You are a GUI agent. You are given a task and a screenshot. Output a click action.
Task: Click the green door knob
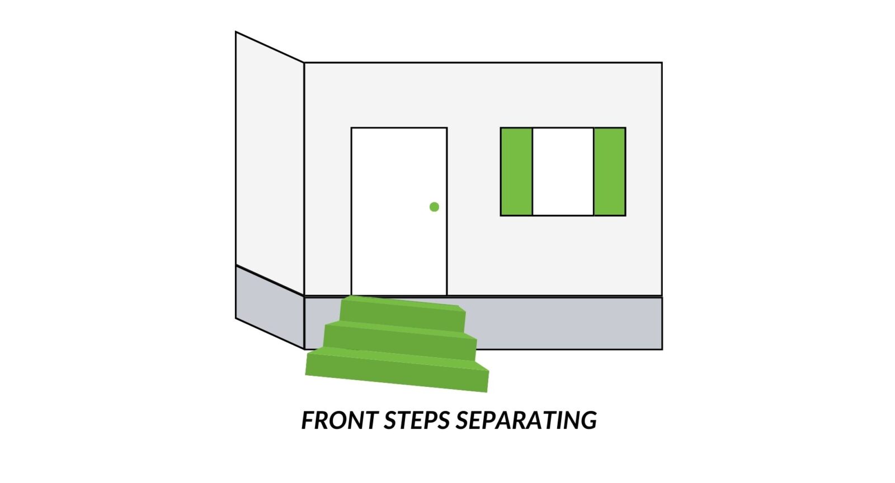coord(434,207)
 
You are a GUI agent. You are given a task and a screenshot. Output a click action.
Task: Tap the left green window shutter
coord(516,172)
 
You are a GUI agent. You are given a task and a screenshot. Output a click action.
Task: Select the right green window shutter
coord(610,172)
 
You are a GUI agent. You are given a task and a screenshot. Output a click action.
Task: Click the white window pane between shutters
coord(563,172)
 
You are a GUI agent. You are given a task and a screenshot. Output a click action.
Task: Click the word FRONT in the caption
coord(340,420)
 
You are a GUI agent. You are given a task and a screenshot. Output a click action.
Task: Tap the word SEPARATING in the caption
coord(526,420)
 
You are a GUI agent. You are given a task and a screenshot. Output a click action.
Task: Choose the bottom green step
coord(397,369)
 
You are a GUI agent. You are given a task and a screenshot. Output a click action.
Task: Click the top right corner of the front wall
coord(662,63)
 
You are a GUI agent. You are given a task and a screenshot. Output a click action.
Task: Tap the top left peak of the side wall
coord(236,32)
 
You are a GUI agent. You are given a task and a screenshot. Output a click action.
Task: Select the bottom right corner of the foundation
coord(662,349)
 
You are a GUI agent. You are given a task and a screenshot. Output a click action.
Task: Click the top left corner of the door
coord(352,128)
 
